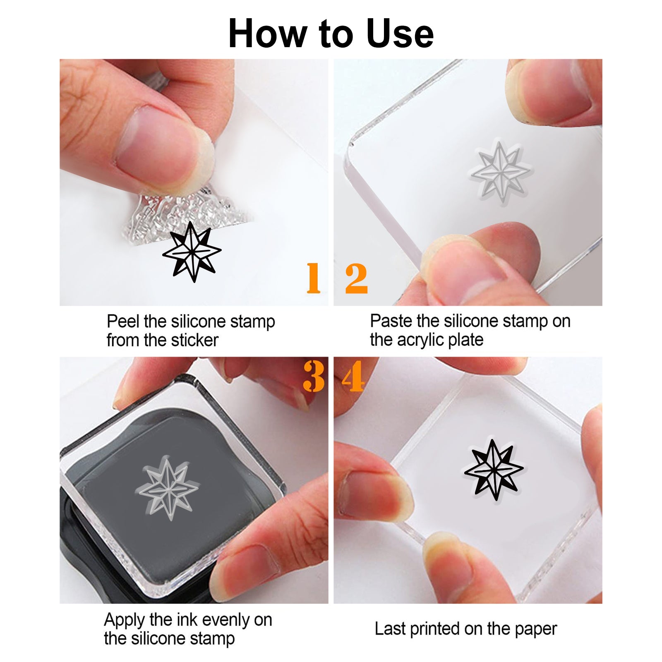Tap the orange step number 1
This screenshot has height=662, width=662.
coord(313,278)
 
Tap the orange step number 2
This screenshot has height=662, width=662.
coord(356,278)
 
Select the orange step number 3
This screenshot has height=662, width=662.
coord(314,376)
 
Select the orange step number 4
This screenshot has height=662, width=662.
coord(353,376)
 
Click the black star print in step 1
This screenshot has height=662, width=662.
coord(192,252)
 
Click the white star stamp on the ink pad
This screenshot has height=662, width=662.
coord(168,488)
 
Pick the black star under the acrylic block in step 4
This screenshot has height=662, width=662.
coord(494,470)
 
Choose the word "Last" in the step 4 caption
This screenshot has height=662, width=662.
coord(389,629)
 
